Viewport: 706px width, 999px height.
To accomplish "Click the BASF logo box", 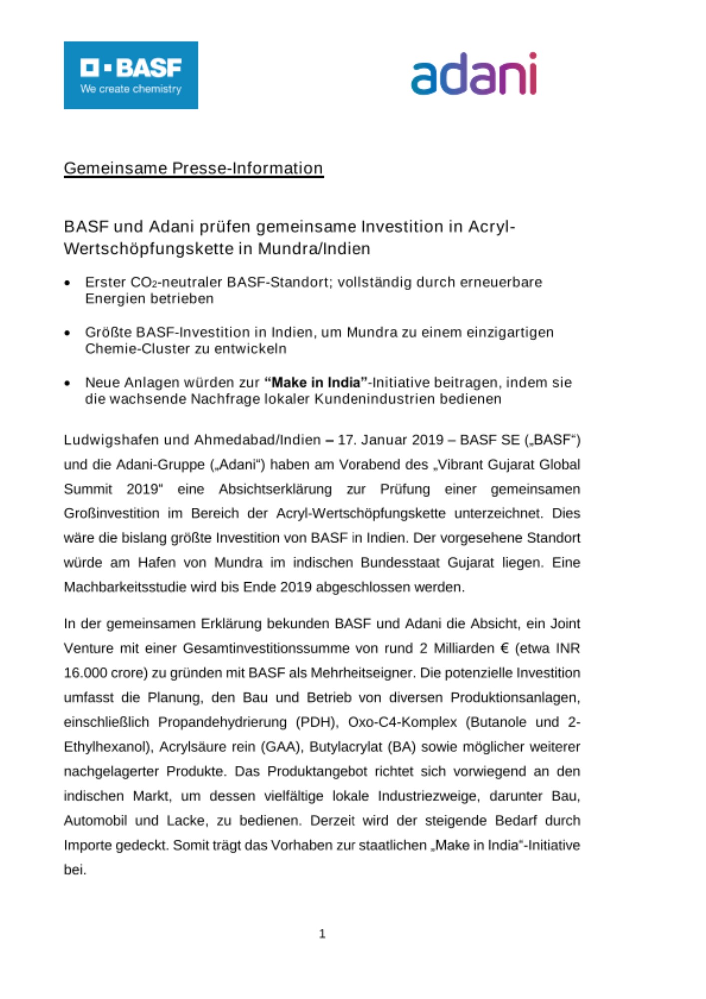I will pyautogui.click(x=131, y=75).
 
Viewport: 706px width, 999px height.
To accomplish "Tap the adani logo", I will pyautogui.click(x=473, y=75).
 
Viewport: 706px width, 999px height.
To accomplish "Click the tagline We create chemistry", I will pyautogui.click(x=131, y=89).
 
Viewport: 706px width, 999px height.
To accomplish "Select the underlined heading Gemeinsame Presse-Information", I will pyautogui.click(x=193, y=168).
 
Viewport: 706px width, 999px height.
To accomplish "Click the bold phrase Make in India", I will pyautogui.click(x=316, y=383).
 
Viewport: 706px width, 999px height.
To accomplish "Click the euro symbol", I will pyautogui.click(x=504, y=649).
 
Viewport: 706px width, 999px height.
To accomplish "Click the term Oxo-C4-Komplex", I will pyautogui.click(x=402, y=722).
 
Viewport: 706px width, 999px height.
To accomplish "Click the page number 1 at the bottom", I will pyautogui.click(x=322, y=933).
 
